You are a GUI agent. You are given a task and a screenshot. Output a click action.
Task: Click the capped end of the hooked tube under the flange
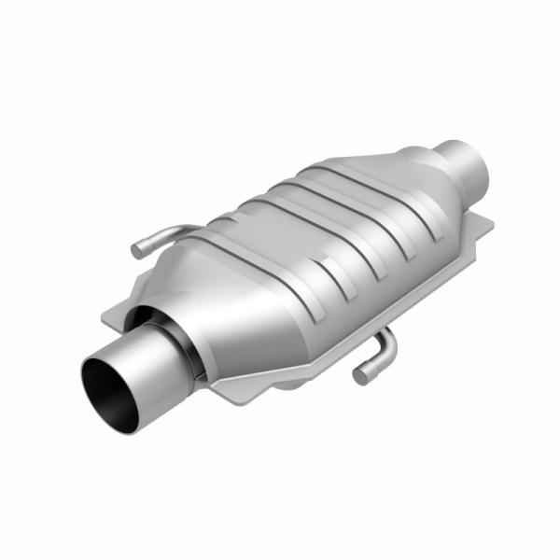click(x=360, y=376)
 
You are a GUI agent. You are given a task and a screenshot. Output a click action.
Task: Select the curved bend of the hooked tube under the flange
click(x=385, y=346)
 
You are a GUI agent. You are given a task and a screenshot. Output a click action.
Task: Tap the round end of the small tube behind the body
click(x=137, y=251)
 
